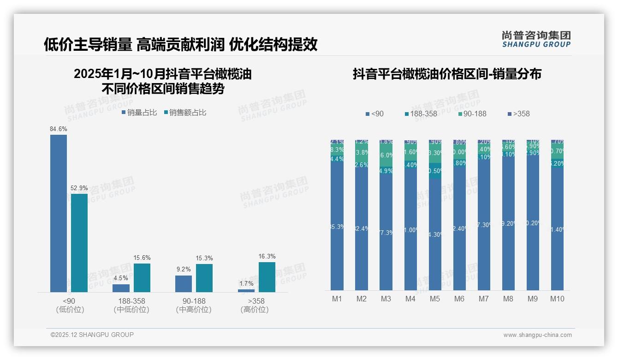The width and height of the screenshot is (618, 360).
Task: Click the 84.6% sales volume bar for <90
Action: [59, 213]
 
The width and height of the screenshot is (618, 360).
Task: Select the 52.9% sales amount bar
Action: [79, 243]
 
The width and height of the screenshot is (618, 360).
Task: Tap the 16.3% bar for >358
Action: [267, 277]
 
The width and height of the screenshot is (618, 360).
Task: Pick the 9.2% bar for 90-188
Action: [184, 284]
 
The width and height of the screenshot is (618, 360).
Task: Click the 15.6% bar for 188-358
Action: [142, 277]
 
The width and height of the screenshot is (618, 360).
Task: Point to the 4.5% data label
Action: [121, 278]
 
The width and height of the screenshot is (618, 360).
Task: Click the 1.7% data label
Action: [246, 283]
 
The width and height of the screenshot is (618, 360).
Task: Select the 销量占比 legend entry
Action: [139, 113]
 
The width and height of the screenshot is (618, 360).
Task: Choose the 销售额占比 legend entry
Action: [185, 113]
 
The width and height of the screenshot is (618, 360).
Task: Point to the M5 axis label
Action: [435, 299]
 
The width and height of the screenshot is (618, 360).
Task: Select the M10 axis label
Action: [557, 299]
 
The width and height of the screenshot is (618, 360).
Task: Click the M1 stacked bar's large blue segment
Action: [337, 226]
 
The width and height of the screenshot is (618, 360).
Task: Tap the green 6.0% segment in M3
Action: [386, 155]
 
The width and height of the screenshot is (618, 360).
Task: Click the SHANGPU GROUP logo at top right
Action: [536, 39]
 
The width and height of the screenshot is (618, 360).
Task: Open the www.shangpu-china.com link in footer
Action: [537, 335]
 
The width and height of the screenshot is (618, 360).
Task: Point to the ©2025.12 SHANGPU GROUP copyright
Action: [92, 335]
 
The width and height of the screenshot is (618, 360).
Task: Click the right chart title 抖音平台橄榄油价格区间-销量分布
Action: [447, 74]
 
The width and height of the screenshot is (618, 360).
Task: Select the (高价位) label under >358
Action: [255, 310]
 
